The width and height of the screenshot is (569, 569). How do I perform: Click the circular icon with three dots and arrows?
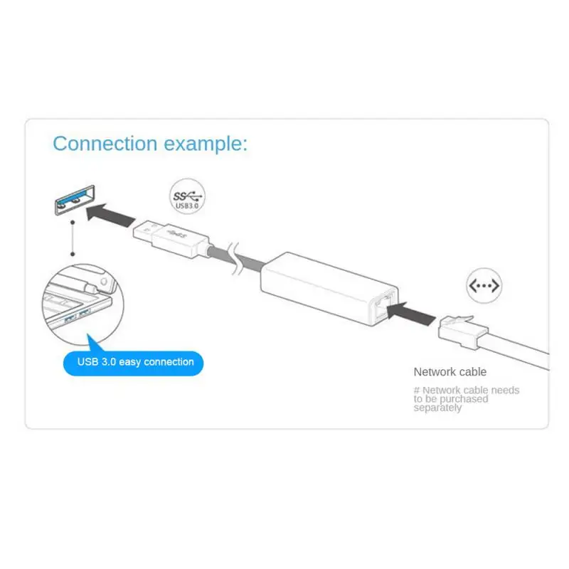pyautogui.click(x=484, y=286)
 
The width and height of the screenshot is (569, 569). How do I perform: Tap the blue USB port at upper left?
pyautogui.click(x=72, y=199)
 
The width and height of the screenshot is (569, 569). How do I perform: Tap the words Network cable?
pyautogui.click(x=450, y=371)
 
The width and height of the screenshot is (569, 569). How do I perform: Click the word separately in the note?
pyautogui.click(x=437, y=408)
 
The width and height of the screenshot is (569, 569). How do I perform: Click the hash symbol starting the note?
pyautogui.click(x=417, y=390)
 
